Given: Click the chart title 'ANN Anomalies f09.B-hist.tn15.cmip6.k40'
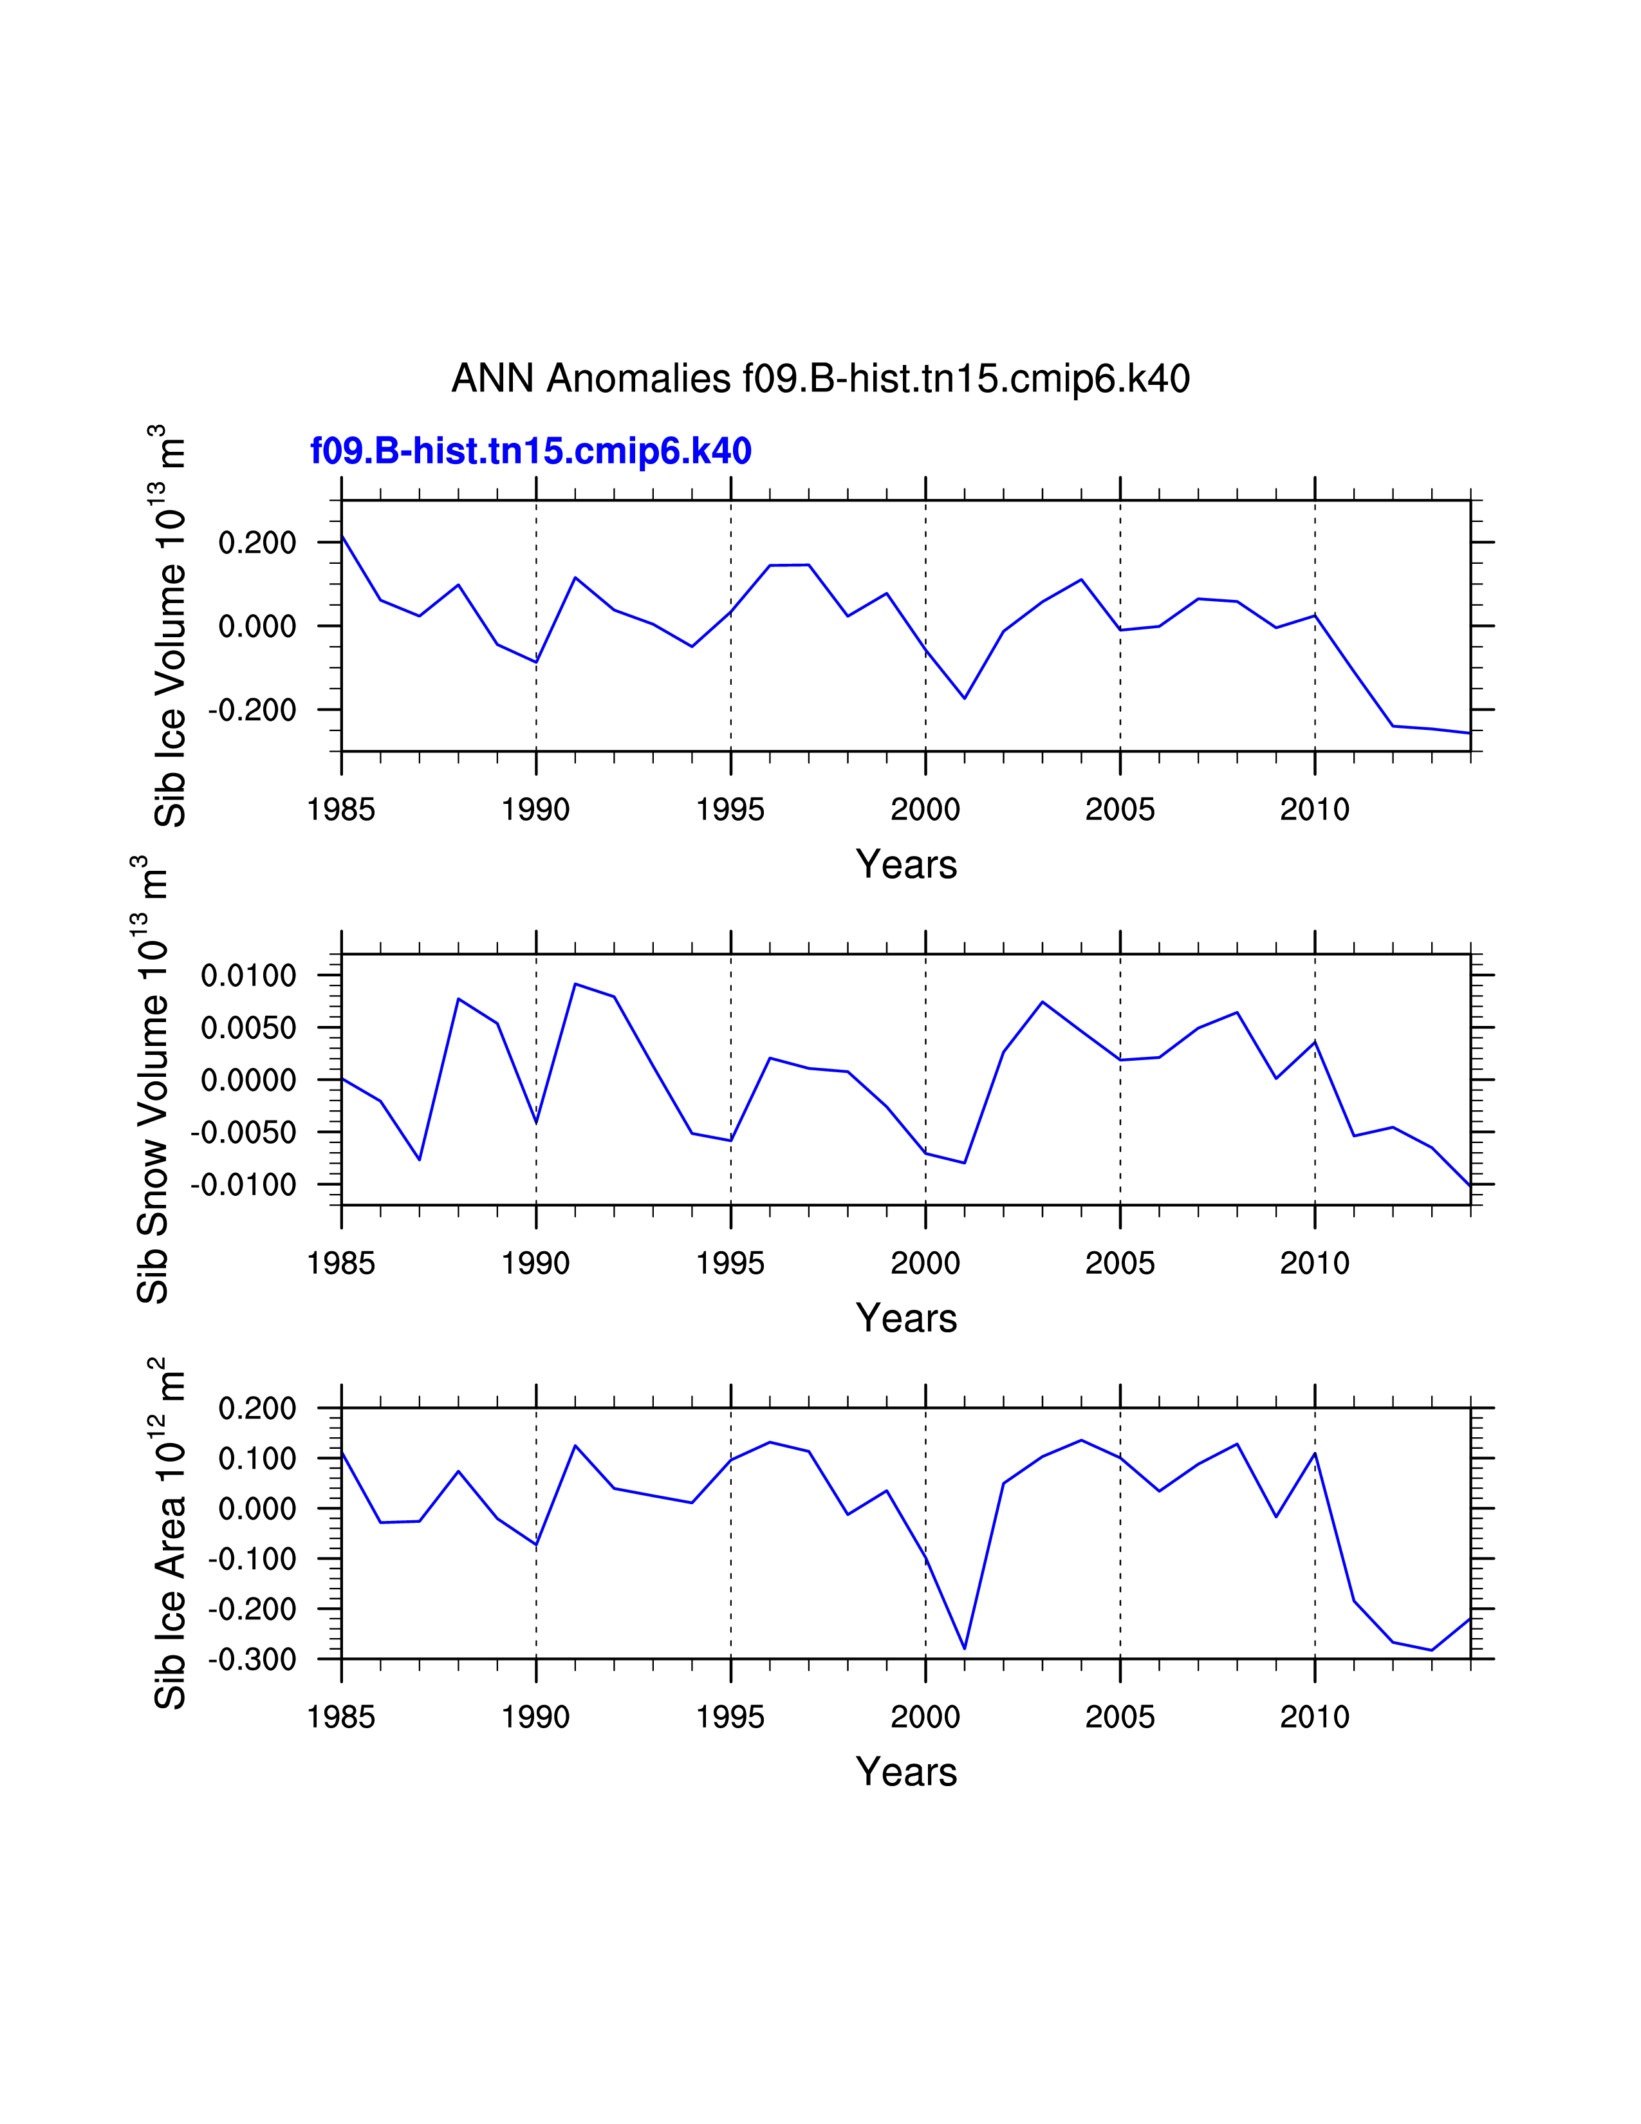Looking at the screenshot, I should click(x=820, y=378).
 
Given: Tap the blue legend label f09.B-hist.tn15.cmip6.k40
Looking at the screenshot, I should click(x=531, y=451).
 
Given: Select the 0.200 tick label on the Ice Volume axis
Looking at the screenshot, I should click(x=257, y=543).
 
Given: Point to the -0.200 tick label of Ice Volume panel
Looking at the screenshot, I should click(x=252, y=711).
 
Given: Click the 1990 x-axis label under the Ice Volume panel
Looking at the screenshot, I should click(x=535, y=809).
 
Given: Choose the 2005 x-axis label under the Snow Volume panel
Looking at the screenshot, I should click(x=1120, y=1263).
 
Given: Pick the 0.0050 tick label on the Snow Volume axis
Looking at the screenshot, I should click(x=248, y=1028).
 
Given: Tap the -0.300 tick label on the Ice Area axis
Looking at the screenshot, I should click(x=252, y=1659).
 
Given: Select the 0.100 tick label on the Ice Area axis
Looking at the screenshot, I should click(x=257, y=1458).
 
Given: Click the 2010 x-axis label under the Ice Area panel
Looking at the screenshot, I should click(x=1314, y=1717).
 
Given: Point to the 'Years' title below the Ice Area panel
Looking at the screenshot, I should click(x=906, y=1772).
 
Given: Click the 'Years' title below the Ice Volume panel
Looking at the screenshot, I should click(x=906, y=864).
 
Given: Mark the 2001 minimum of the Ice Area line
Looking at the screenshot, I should click(x=965, y=1648).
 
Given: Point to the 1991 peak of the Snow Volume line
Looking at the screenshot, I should click(x=575, y=983).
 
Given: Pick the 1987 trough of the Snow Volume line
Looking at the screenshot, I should click(x=420, y=1159).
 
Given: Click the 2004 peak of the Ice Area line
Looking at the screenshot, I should click(x=1081, y=1440).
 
